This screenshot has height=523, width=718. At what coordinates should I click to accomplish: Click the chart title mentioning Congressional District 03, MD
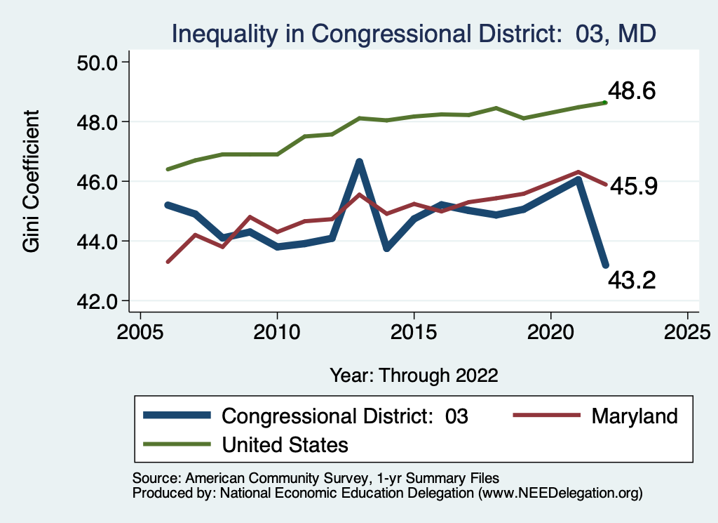pos(414,34)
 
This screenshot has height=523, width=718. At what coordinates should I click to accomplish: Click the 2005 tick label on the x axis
pos(140,331)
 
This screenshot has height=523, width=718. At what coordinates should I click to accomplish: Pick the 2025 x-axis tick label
pos(687,331)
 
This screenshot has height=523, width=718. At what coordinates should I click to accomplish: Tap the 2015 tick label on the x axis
pos(414,331)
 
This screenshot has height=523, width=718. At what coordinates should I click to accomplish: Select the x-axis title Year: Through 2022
pos(414,375)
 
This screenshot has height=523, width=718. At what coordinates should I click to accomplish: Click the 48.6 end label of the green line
pos(632,91)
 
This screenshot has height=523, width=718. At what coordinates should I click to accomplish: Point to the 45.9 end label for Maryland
pos(632,186)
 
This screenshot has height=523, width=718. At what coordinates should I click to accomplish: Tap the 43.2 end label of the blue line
pos(632,281)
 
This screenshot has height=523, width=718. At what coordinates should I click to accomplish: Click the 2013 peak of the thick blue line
pos(359,162)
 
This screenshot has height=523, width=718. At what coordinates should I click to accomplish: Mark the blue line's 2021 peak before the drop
pos(578,180)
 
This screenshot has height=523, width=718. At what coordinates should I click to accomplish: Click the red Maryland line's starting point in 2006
pos(168,262)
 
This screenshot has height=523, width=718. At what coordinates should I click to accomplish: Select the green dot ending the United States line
pos(605,102)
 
